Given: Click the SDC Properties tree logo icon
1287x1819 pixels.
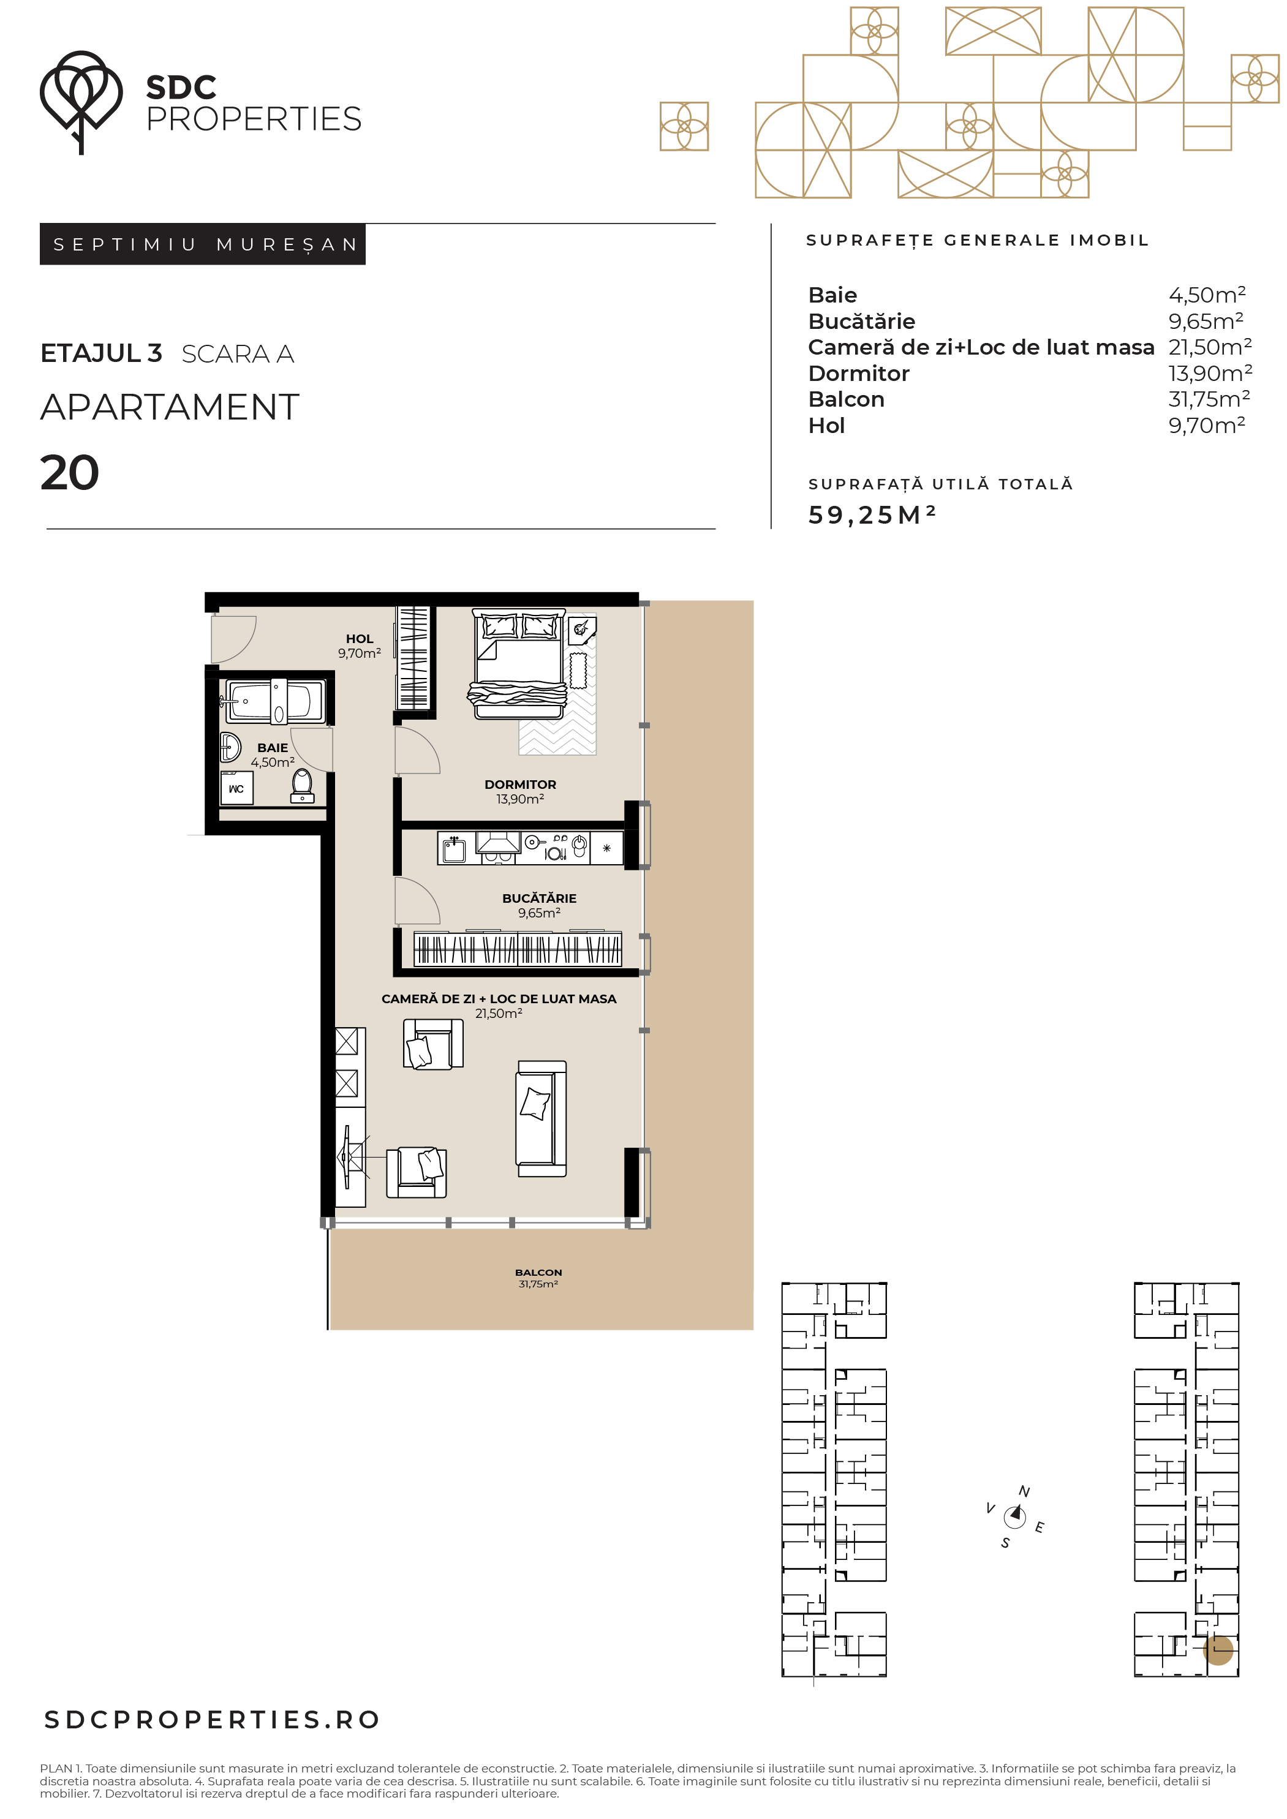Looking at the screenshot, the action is pos(81,102).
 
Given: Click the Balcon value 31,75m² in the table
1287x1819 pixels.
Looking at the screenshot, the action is pos(1209,399).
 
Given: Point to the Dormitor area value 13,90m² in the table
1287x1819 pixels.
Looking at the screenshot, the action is pos(1210,372).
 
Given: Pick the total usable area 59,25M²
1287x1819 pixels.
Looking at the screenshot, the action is pos(872,515).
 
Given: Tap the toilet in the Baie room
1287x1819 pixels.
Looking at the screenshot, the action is pos(303,785).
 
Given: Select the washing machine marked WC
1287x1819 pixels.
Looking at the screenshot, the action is pos(236,789).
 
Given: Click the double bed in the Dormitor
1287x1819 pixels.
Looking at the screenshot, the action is pos(519,663).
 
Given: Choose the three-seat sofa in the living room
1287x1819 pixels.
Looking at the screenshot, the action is pos(542,1118).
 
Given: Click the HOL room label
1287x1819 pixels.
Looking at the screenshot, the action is pos(359,639).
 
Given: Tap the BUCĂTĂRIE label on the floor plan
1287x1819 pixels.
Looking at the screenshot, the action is pos(539,898).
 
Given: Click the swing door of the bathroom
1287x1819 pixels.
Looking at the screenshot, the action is pos(311,750).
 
